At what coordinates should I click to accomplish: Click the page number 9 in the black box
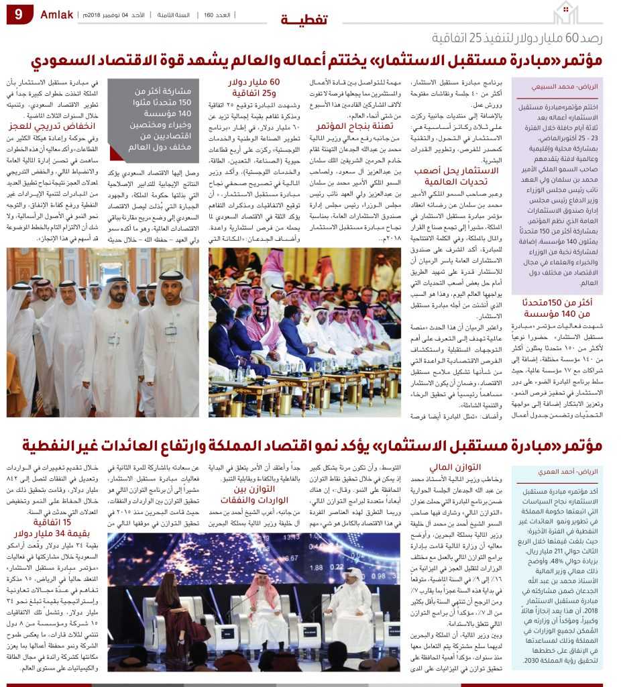tap(19, 15)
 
